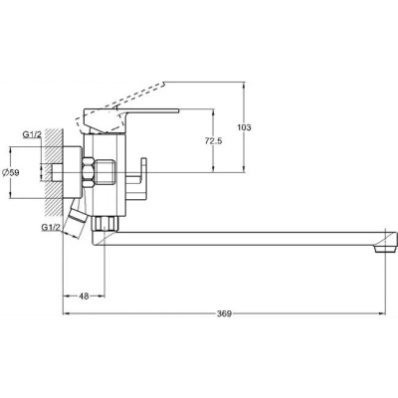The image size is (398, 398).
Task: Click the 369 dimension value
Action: (x=224, y=313)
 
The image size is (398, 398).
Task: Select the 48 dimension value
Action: (x=85, y=297)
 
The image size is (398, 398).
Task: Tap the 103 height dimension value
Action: (x=244, y=127)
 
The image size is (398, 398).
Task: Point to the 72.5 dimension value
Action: (x=214, y=141)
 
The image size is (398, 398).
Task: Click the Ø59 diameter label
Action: (x=10, y=172)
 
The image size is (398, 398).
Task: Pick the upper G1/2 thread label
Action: (x=32, y=134)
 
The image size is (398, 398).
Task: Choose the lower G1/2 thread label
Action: (x=51, y=227)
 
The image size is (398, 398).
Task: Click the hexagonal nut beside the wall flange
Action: (x=89, y=172)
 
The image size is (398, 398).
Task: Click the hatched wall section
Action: (x=54, y=172)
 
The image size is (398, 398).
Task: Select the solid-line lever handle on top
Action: (x=129, y=119)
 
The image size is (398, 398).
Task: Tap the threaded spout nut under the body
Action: (x=104, y=224)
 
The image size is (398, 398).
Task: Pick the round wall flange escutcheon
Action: (x=73, y=172)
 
